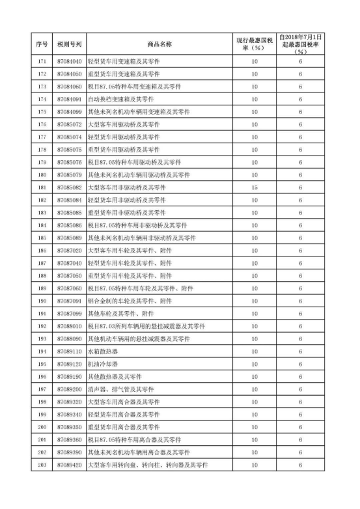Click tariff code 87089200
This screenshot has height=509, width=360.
point(69,389)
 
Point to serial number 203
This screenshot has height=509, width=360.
point(42,465)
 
